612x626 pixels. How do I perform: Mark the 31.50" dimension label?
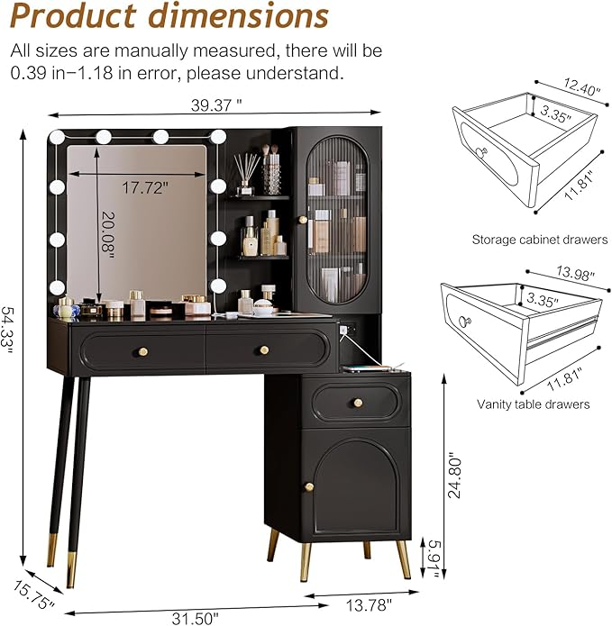[x=194, y=617]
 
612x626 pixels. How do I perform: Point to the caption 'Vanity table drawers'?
[x=533, y=404]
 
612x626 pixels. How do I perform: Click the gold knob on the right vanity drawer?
[x=264, y=350]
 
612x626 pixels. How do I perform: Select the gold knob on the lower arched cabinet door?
[x=308, y=487]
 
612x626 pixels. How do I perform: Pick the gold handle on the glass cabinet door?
[x=303, y=219]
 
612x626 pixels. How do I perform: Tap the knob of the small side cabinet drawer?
[x=358, y=403]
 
